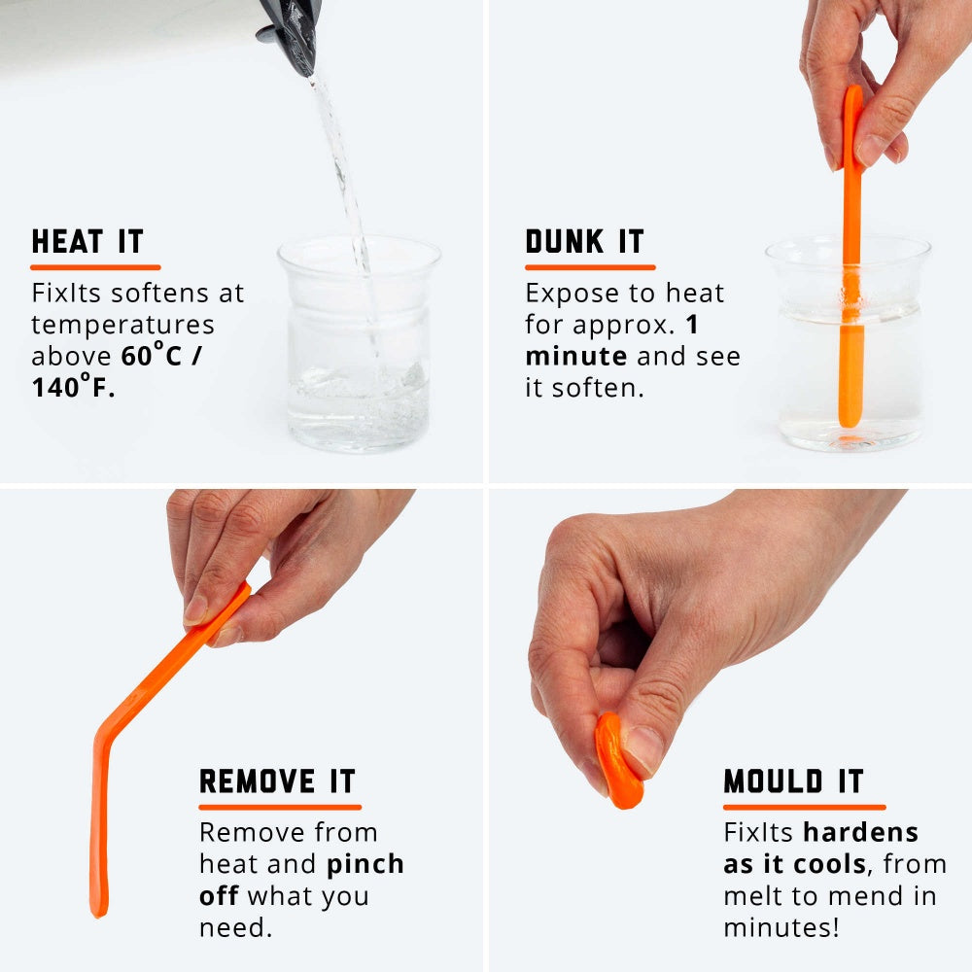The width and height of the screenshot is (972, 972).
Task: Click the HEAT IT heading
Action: coord(87,242)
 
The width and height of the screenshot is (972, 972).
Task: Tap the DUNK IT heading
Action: coord(584,242)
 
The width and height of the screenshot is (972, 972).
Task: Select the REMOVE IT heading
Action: coord(277,781)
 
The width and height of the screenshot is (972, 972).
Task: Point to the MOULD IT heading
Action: coord(793,781)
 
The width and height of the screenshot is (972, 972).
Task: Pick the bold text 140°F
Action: coord(73,388)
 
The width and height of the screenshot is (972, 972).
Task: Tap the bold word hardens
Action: coord(861,833)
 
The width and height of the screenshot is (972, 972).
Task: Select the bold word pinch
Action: coord(365,865)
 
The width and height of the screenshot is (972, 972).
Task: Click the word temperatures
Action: coord(122,325)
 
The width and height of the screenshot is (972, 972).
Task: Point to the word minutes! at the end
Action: coord(781,927)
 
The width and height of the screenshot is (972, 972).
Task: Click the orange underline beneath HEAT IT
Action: coord(95,266)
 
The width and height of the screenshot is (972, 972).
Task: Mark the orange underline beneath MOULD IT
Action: coord(804,806)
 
